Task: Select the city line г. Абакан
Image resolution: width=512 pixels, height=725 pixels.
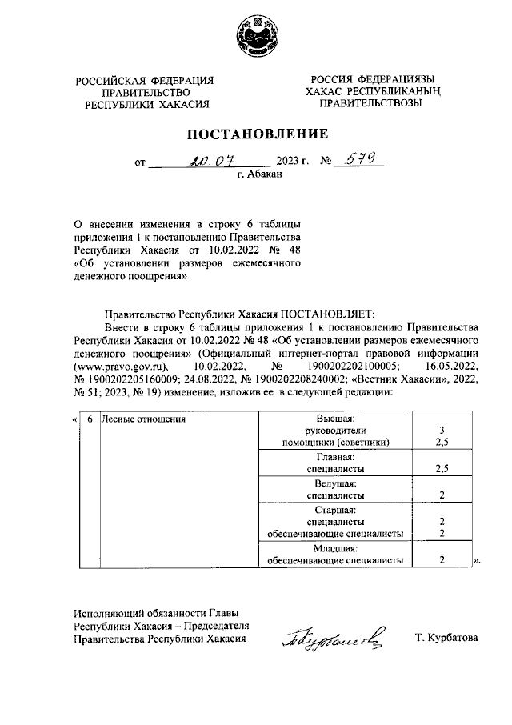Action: (x=260, y=174)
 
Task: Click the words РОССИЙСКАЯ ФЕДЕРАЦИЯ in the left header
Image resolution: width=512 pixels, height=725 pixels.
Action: (x=145, y=80)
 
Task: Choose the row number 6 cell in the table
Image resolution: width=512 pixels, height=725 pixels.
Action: (x=90, y=419)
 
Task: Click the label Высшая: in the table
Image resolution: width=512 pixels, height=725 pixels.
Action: (x=335, y=419)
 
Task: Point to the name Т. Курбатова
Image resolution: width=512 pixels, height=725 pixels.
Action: (x=446, y=638)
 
